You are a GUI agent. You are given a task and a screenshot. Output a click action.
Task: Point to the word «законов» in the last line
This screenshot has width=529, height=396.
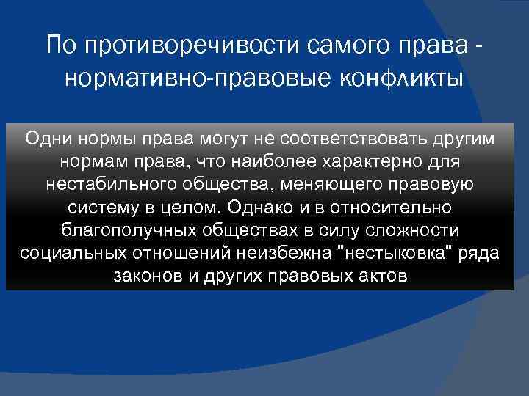point(143,276)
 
